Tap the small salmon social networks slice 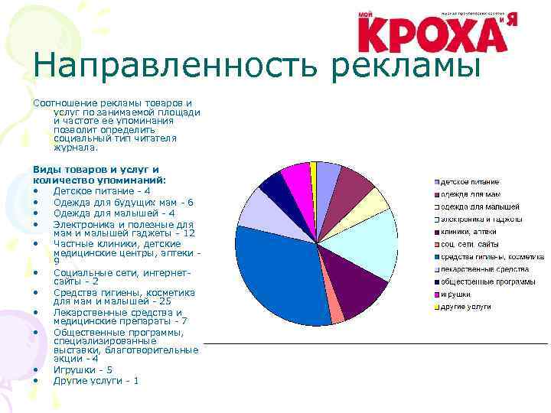pyautogui.click(x=337, y=313)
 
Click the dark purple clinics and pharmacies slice pyautogui.click(x=358, y=291)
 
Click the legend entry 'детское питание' pyautogui.click(x=468, y=182)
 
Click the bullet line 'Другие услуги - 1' pyautogui.click(x=96, y=380)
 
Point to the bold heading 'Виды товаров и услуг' pyautogui.click(x=96, y=169)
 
